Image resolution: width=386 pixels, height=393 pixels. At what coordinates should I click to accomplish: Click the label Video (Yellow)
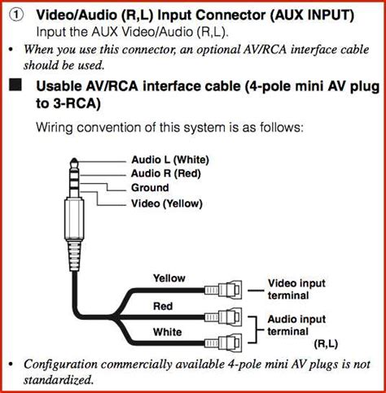(x=166, y=203)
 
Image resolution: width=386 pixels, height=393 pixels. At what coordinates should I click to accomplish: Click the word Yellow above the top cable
(x=169, y=278)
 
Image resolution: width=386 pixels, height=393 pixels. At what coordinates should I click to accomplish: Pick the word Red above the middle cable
(x=163, y=306)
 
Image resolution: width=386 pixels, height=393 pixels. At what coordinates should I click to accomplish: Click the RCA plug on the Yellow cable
(x=225, y=289)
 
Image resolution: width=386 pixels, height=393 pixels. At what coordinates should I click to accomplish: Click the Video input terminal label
(x=296, y=289)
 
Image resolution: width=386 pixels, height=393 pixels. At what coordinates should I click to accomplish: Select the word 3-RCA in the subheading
(x=72, y=104)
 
